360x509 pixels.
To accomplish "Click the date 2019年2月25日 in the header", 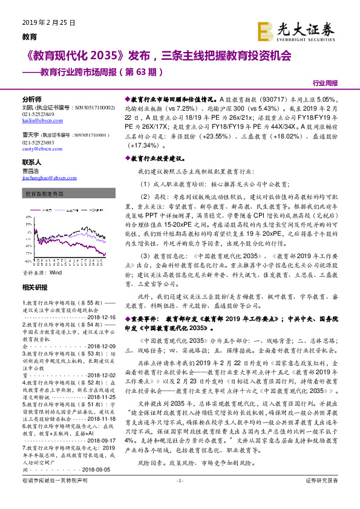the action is click(48, 22).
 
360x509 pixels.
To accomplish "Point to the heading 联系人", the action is click(31, 163).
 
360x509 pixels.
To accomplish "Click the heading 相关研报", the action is click(34, 287).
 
